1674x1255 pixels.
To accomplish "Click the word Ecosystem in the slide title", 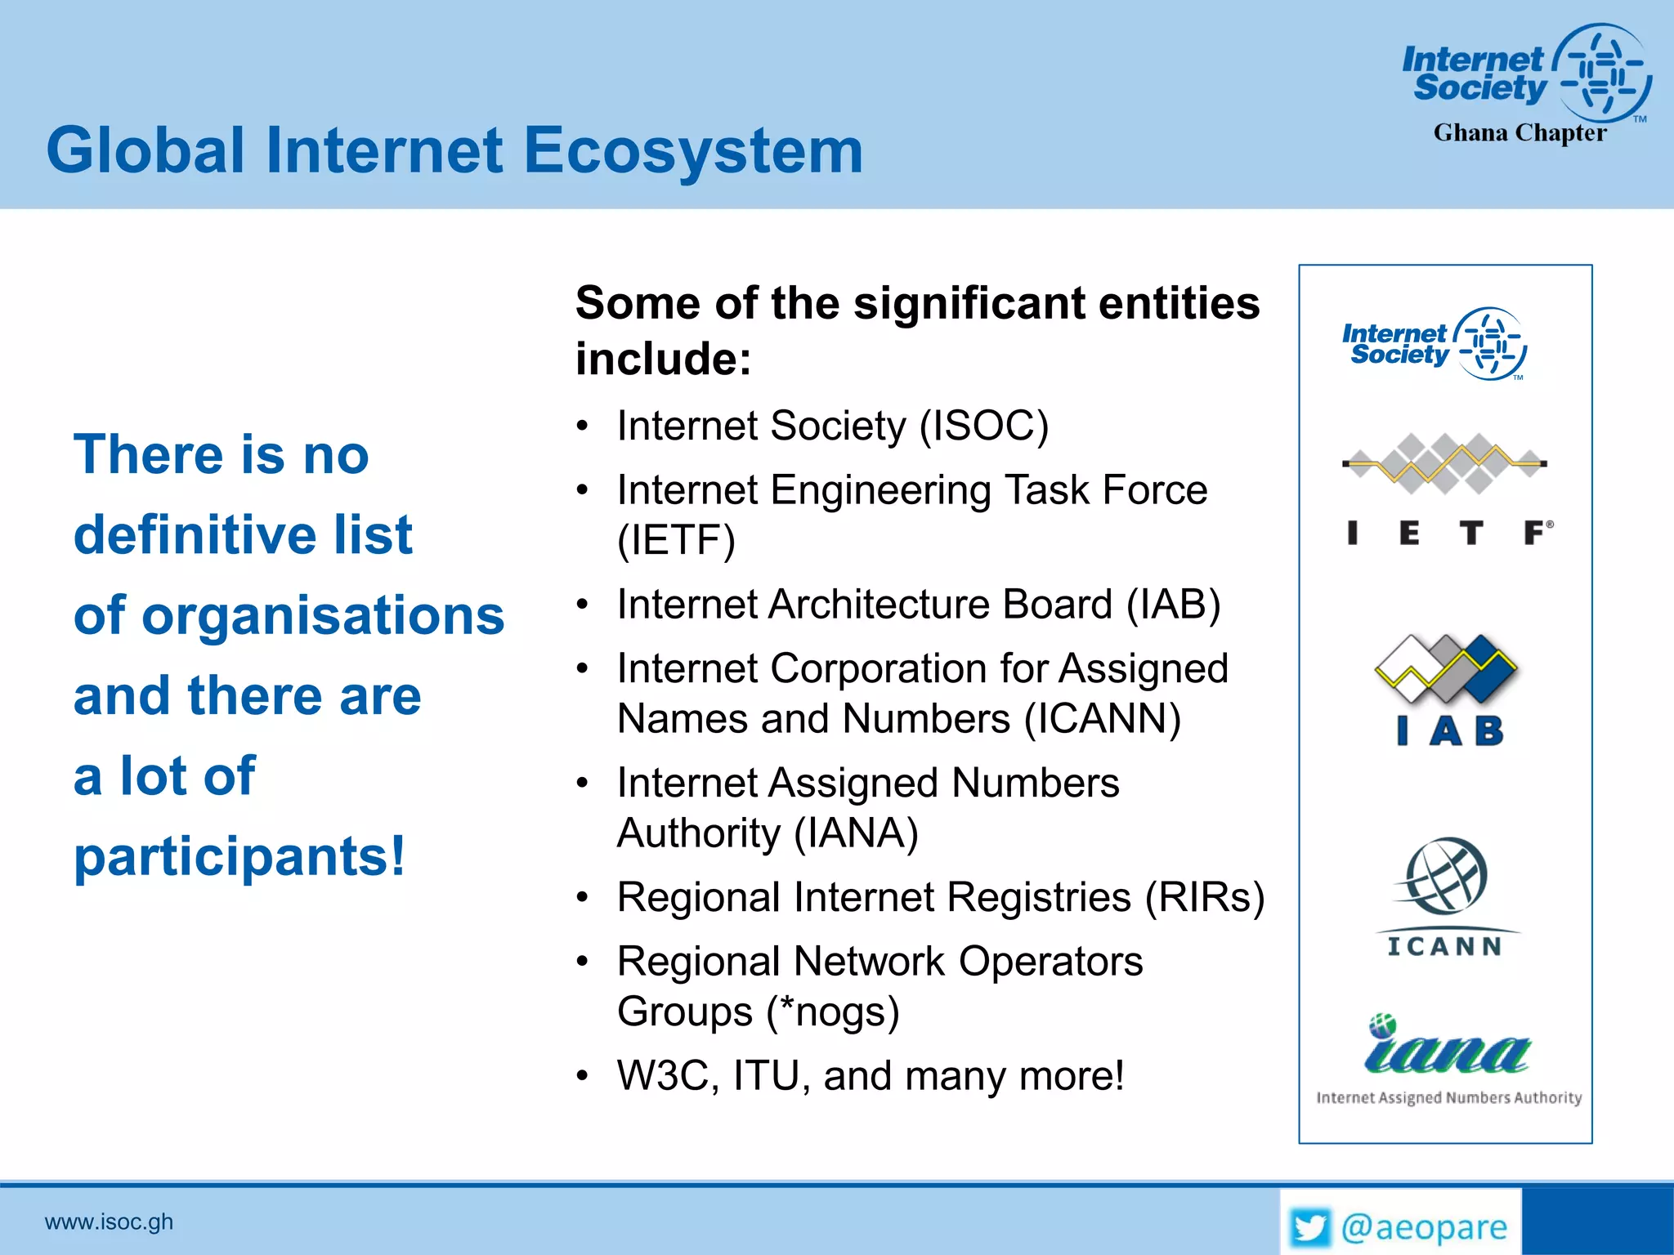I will point(693,152).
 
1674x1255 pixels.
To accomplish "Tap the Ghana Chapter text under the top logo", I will point(1520,133).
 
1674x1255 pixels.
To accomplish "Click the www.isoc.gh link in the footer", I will point(109,1222).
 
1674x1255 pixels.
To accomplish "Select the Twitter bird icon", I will point(1310,1227).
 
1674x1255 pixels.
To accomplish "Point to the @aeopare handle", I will point(1424,1227).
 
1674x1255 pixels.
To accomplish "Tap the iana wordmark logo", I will point(1447,1051).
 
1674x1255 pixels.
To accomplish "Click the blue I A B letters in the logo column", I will point(1450,730).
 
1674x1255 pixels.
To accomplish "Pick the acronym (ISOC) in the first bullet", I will point(983,426).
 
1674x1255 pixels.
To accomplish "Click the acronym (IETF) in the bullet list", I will point(676,540).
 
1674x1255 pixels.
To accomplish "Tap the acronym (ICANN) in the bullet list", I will point(1103,719).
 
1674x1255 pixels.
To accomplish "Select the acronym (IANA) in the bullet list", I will point(857,833).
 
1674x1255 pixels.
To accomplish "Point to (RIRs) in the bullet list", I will point(1204,897).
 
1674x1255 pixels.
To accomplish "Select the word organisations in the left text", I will point(322,615).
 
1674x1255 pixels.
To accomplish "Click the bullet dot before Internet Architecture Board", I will point(582,605).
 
